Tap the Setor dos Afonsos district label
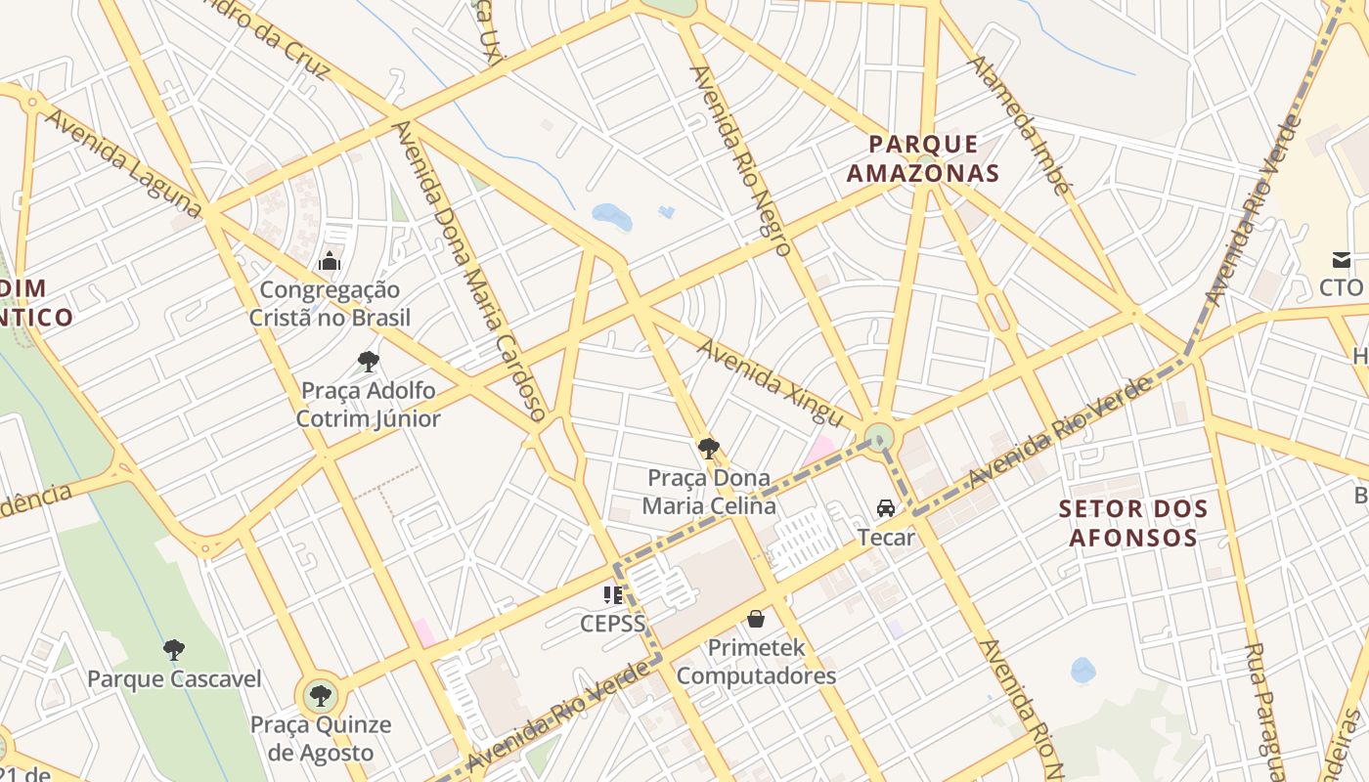click(1133, 523)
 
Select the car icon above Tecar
click(886, 508)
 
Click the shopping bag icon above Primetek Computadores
click(756, 619)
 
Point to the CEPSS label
click(612, 623)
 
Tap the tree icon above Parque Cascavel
click(174, 649)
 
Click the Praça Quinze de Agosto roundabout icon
click(320, 697)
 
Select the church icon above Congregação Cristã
click(330, 261)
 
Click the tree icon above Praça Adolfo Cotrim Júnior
click(369, 362)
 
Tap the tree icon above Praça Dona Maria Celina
click(709, 449)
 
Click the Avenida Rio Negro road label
click(740, 160)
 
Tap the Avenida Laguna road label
click(123, 163)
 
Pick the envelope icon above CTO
click(1341, 260)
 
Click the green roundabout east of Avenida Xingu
click(879, 437)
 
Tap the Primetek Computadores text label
click(756, 662)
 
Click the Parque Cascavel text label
click(174, 679)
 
